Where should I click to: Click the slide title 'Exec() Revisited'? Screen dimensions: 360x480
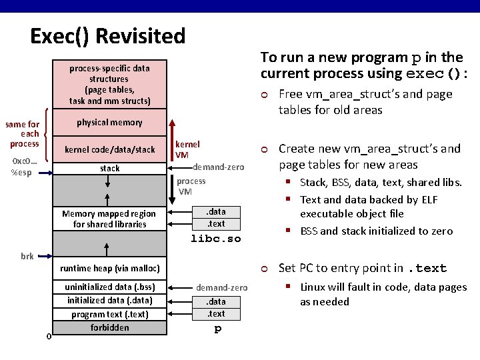107,35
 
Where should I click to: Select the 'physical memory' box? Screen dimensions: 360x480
109,123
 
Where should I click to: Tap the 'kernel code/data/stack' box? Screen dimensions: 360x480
109,149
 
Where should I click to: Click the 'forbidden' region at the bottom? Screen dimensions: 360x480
109,327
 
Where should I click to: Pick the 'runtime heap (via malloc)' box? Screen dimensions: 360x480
109,269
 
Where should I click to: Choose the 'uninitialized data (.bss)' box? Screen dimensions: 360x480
109,287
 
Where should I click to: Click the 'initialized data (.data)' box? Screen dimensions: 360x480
109,300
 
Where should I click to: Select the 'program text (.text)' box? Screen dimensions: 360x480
109,314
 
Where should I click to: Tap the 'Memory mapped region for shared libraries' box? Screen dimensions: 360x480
109,219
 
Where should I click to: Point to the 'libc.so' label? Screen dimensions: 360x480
215,238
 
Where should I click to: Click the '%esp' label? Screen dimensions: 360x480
21,173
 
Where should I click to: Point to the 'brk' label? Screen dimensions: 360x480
27,256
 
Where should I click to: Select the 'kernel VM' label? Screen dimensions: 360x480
187,149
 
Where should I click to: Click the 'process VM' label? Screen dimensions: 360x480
191,186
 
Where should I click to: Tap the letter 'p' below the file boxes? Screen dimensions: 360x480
217,329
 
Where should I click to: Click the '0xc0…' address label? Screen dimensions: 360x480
24,161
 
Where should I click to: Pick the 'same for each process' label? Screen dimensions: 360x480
23,134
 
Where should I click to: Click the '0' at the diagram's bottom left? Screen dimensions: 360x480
49,335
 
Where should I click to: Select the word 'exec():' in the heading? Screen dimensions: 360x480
437,73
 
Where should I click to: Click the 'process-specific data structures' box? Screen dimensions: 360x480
109,84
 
